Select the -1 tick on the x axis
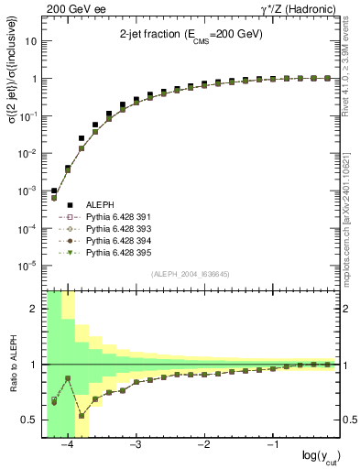272,445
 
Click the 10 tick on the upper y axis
33,41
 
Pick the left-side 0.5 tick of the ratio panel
32,420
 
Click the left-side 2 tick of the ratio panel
35,309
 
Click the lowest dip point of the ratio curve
81,415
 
